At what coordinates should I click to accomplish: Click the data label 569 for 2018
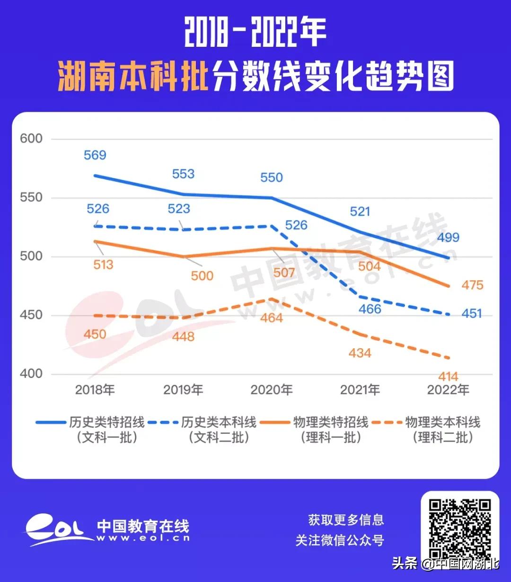(95, 155)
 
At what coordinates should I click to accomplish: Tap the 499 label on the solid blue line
(448, 237)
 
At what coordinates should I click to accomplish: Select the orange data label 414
(448, 377)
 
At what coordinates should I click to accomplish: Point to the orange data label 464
(272, 318)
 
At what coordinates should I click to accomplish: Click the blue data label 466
(370, 309)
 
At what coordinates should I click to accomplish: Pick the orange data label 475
(472, 285)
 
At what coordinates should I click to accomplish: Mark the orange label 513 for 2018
(103, 265)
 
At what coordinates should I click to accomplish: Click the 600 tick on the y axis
(31, 139)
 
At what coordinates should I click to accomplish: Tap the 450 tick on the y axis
(31, 315)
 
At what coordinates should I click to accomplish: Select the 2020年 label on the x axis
(272, 390)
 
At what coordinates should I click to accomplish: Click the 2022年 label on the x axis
(448, 390)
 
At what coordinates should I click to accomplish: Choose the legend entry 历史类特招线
(106, 422)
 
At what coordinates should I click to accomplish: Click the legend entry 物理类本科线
(442, 422)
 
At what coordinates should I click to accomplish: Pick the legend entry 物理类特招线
(330, 422)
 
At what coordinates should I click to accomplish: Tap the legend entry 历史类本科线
(219, 422)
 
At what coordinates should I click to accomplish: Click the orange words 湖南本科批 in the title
(133, 77)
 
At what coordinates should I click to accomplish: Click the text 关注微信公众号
(340, 540)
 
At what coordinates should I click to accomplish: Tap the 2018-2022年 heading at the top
(255, 33)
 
